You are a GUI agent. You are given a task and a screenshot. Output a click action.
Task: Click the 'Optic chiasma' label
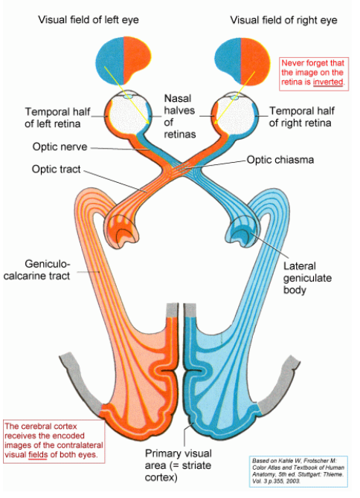pos(280,160)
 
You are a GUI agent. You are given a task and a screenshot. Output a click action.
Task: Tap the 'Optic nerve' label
pos(60,146)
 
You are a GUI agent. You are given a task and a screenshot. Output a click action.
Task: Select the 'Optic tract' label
pos(57,169)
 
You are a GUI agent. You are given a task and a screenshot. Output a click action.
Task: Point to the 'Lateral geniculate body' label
pos(307,278)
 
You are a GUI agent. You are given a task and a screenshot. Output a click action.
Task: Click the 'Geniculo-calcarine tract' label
pos(36,270)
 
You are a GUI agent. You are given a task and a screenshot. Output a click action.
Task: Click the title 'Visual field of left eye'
pos(89,20)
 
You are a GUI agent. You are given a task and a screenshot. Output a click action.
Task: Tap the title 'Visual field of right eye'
pos(283,20)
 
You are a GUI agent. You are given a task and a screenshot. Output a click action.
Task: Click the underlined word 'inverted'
pos(328,82)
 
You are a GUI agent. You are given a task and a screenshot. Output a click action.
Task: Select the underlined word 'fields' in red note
pos(38,454)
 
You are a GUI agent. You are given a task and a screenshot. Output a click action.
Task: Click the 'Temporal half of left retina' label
pos(57,117)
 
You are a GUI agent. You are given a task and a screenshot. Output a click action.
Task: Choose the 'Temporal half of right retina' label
pos(301,117)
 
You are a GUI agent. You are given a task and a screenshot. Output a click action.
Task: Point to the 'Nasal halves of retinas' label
pos(179,116)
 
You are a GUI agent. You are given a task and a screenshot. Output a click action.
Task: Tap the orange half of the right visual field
pos(255,61)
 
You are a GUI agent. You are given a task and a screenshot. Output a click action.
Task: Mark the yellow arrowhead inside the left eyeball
pos(147,122)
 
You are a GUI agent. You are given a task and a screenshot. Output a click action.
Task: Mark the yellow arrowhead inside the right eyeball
pos(217,121)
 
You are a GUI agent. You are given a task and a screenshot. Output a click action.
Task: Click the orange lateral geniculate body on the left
pos(122,230)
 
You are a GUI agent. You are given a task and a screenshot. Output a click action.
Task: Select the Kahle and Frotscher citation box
pos(298,471)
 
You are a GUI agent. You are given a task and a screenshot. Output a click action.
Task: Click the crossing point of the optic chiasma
pos(181,166)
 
